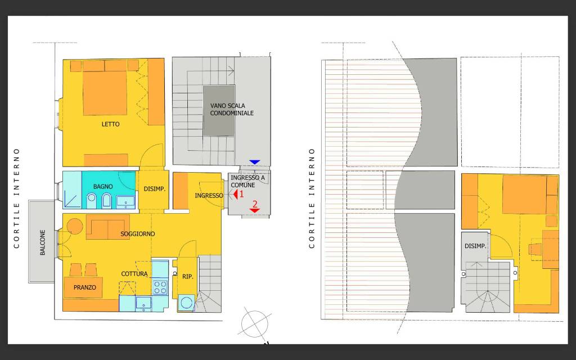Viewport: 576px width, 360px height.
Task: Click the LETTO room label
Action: pos(111,124)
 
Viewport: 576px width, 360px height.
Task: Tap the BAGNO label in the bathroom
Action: pos(103,186)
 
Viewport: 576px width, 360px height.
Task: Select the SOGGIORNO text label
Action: pos(138,233)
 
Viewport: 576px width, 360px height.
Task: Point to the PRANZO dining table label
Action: pos(84,287)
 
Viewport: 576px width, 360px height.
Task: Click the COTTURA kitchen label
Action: pos(134,274)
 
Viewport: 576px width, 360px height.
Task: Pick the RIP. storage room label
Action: pos(187,276)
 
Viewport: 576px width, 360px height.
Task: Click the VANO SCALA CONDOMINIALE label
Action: pos(232,109)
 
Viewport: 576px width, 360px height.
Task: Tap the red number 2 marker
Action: pos(255,205)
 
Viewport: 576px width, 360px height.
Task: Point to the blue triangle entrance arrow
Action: pos(255,162)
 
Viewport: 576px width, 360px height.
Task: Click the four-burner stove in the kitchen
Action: pos(160,287)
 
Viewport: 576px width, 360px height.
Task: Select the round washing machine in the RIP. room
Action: pos(187,303)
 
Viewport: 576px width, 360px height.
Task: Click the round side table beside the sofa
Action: pos(74,226)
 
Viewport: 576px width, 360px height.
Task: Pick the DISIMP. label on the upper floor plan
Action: pos(475,246)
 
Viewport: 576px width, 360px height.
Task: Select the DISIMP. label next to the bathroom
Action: pos(154,189)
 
